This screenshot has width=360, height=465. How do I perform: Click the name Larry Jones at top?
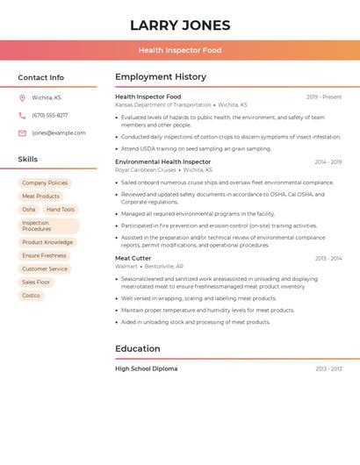(x=180, y=25)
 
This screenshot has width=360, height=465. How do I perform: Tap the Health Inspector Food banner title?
(x=180, y=51)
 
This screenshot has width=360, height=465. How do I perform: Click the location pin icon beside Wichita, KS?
(x=22, y=98)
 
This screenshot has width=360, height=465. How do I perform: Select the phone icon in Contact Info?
(x=22, y=116)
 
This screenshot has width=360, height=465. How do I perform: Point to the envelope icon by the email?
(x=22, y=133)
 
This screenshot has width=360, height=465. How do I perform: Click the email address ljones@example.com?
(x=59, y=133)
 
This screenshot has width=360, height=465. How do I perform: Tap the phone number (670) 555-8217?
(x=50, y=116)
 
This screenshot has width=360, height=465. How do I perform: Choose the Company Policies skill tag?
(x=45, y=183)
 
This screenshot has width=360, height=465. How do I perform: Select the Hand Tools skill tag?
(x=61, y=210)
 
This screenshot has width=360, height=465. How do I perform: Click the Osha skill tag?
(x=29, y=210)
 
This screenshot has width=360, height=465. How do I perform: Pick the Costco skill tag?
(x=31, y=296)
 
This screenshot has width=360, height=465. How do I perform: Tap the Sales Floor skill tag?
(x=36, y=283)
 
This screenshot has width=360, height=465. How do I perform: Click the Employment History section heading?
(x=161, y=77)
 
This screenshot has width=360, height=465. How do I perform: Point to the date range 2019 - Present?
(x=324, y=97)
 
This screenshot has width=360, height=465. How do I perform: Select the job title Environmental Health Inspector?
(x=163, y=162)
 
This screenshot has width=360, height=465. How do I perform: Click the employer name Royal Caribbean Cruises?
(x=146, y=170)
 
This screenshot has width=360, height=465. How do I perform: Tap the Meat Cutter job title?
(x=133, y=259)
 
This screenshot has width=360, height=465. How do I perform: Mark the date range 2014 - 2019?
(x=328, y=162)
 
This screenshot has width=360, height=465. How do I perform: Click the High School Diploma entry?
(x=147, y=369)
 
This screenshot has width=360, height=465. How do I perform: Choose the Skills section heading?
(x=28, y=160)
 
